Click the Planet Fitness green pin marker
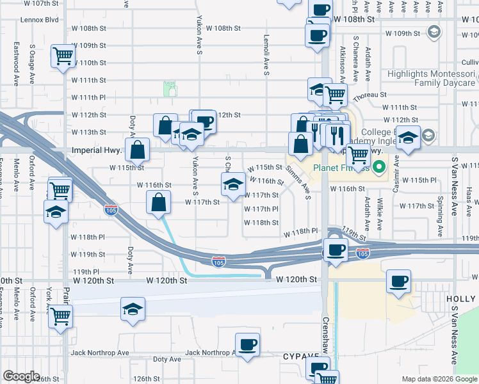click(x=378, y=169)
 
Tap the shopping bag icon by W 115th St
click(x=138, y=150)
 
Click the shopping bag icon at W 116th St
click(x=159, y=204)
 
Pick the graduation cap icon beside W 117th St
click(x=232, y=185)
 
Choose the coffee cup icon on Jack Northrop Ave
click(x=247, y=345)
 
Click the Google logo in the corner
click(x=21, y=376)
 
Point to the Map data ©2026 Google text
click(x=439, y=379)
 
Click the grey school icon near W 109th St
click(x=433, y=32)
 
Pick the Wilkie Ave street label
click(x=380, y=214)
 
